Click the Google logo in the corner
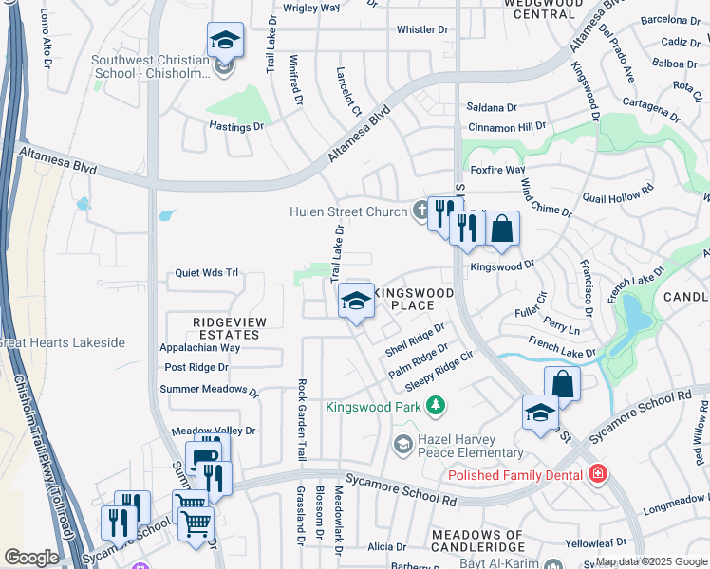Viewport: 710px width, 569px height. click(30, 557)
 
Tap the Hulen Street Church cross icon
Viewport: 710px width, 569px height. click(421, 211)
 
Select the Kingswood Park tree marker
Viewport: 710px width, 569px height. click(436, 407)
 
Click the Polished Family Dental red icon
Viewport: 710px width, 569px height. click(597, 473)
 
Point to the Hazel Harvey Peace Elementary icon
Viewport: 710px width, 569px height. click(402, 443)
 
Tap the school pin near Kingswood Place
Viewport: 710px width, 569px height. click(356, 303)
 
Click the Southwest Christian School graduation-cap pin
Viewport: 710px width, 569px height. click(225, 42)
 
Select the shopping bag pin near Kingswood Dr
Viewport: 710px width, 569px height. click(502, 229)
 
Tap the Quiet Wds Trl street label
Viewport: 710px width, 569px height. click(206, 273)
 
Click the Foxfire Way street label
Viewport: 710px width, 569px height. click(496, 171)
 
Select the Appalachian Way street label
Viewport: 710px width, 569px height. click(199, 348)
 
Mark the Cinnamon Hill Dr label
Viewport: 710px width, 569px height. click(507, 126)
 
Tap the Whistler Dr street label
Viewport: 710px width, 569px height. click(421, 30)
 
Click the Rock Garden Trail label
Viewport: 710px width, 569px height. click(301, 420)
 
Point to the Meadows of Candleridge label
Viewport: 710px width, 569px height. click(478, 541)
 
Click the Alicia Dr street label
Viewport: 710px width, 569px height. click(386, 547)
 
